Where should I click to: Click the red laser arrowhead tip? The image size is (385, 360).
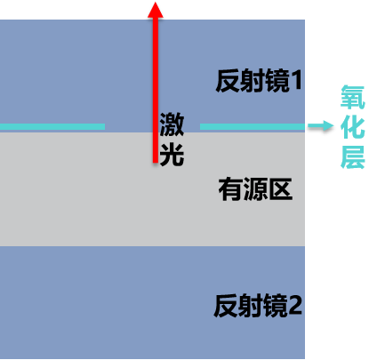[x=156, y=3]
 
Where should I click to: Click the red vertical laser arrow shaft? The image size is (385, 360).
[x=156, y=89]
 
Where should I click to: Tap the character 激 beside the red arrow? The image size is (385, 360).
[x=172, y=124]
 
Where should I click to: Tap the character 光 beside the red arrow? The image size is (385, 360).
[x=172, y=155]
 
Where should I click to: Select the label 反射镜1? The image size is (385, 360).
[x=259, y=81]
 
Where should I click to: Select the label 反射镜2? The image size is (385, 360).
[x=258, y=306]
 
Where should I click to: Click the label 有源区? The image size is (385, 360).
[x=255, y=189]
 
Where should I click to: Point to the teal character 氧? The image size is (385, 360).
[x=353, y=97]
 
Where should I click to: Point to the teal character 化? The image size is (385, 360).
[x=353, y=127]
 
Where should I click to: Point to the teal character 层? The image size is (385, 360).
[x=353, y=157]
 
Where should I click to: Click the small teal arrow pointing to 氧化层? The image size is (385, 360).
[x=320, y=126]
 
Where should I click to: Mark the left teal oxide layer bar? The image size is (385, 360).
[x=52, y=127]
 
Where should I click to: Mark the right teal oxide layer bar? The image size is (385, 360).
[x=253, y=127]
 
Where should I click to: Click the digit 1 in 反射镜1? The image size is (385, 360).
[x=296, y=81]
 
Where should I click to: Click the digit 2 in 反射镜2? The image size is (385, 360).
[x=295, y=306]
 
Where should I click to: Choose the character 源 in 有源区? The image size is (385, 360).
[x=255, y=189]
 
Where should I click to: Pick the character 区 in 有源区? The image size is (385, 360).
[x=280, y=189]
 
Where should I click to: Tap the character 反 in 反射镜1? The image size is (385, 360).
[x=228, y=81]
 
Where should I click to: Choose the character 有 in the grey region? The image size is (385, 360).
[x=230, y=189]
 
